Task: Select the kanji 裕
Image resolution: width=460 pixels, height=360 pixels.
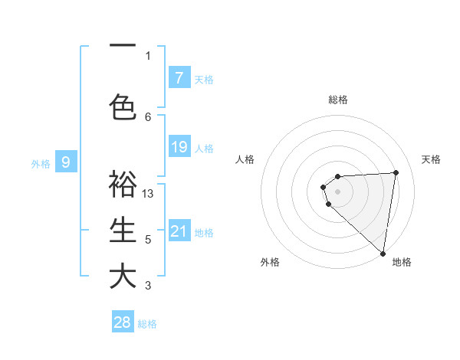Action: tap(123, 184)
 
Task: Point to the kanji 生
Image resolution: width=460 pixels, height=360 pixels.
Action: tap(123, 230)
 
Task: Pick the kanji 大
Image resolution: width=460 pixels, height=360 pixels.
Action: tap(123, 277)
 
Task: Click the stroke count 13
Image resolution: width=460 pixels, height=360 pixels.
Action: tap(148, 194)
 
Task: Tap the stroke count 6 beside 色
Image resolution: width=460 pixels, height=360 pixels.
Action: tap(148, 116)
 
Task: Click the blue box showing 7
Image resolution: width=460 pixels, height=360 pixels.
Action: tap(179, 77)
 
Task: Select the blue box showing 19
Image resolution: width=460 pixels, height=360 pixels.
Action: tap(179, 147)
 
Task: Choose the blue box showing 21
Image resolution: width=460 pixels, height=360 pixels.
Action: tap(179, 231)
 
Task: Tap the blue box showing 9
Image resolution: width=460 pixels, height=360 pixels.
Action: tap(66, 162)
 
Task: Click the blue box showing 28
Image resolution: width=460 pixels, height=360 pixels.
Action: tap(123, 322)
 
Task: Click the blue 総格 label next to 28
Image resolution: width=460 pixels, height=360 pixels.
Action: tap(147, 324)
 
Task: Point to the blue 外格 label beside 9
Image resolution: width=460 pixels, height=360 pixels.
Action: tap(41, 163)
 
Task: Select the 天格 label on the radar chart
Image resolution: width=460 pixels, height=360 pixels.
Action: tap(432, 159)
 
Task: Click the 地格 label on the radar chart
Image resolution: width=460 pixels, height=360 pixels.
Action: tap(402, 262)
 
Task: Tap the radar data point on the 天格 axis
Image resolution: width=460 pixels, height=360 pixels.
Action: tap(396, 172)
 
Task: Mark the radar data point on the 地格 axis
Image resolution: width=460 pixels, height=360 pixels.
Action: tap(383, 254)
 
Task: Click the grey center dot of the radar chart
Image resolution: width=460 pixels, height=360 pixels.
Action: tap(337, 191)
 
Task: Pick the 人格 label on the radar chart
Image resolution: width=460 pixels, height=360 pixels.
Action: tap(245, 159)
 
